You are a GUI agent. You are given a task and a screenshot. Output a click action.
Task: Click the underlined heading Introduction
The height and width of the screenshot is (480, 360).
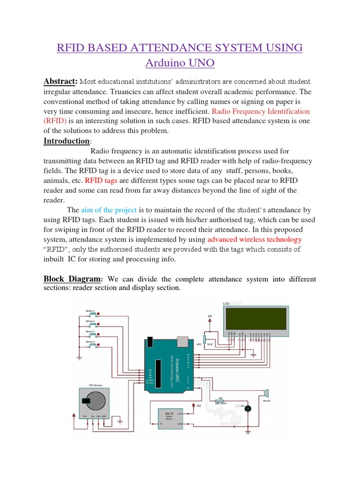pyautogui.click(x=66, y=141)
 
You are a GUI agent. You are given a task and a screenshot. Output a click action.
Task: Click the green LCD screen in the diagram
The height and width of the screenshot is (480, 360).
pyautogui.click(x=257, y=318)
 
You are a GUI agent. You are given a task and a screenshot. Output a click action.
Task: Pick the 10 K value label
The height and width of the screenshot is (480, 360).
pyautogui.click(x=210, y=345)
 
